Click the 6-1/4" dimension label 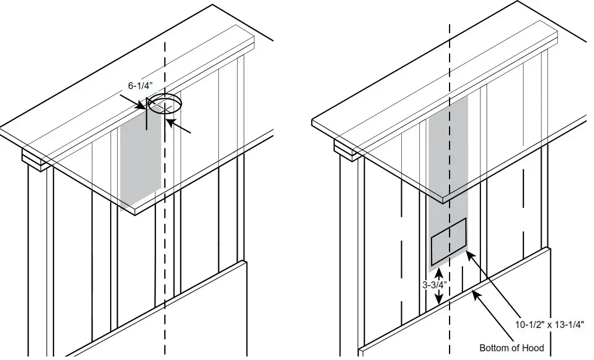click(141, 85)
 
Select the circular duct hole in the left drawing click(165, 105)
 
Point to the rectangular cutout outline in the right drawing click(448, 241)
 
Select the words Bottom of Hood click(511, 348)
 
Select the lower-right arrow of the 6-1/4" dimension click(169, 122)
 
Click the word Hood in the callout click(533, 348)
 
